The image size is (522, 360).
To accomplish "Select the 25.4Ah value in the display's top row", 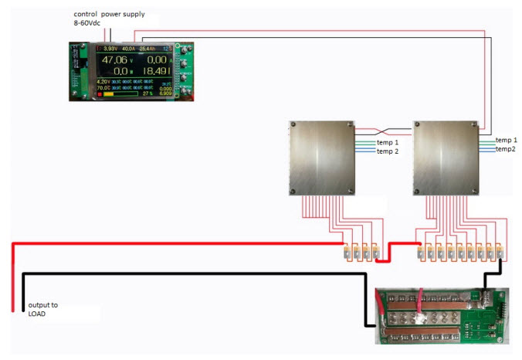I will click(148, 49).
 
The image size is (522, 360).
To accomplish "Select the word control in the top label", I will click(87, 15).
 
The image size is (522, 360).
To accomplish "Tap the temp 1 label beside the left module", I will click(388, 143).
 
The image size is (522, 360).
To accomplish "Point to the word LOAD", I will click(37, 314).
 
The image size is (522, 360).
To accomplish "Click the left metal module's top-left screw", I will click(293, 124).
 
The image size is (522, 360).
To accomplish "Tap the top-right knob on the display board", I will click(185, 48).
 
